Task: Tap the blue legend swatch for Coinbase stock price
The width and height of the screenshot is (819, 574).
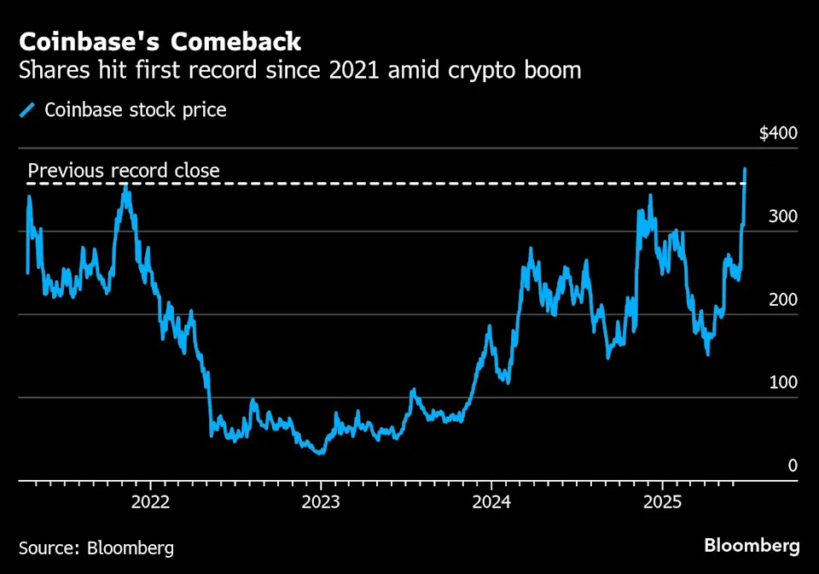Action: click(x=29, y=110)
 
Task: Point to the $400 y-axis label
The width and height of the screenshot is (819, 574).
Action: click(x=777, y=133)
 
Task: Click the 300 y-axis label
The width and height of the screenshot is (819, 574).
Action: click(x=781, y=216)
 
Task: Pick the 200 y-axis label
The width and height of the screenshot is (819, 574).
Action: click(x=781, y=299)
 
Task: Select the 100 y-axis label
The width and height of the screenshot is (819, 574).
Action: click(x=781, y=382)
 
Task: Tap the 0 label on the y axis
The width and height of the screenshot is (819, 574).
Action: click(x=793, y=465)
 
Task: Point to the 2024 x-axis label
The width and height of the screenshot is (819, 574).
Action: click(x=491, y=501)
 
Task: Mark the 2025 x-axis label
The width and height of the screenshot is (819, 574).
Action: click(x=661, y=501)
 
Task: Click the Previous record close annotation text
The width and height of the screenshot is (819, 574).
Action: click(x=124, y=171)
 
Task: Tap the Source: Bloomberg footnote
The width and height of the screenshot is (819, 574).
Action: click(x=96, y=547)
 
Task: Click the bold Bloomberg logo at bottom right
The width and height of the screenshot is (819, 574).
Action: click(x=752, y=546)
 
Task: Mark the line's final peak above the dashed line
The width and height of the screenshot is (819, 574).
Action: click(x=745, y=169)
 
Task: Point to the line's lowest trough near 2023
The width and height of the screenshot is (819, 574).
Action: click(x=320, y=452)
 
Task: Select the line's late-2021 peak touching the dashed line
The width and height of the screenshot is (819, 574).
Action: click(x=125, y=186)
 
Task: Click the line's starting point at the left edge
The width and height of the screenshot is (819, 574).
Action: click(x=27, y=272)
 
